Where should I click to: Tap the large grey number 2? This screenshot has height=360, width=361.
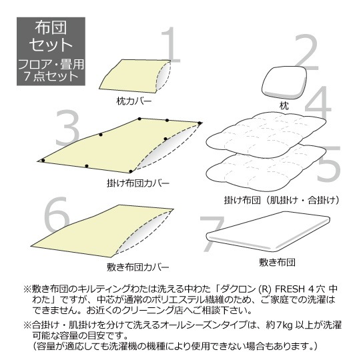click(x=306, y=53)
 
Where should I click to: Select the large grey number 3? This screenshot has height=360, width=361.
click(x=67, y=128)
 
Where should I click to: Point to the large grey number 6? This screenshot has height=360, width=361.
click(x=57, y=214)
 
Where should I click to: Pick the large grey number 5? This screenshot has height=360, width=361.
click(x=328, y=164)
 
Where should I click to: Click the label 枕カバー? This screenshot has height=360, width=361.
click(x=134, y=101)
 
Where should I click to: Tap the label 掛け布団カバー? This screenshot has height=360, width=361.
click(x=138, y=183)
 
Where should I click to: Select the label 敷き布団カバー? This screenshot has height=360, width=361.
click(x=138, y=267)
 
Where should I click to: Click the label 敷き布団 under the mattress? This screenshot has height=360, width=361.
click(x=277, y=262)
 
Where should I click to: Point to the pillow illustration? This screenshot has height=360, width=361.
click(x=284, y=82)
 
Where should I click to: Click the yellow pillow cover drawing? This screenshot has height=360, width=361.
click(x=135, y=76)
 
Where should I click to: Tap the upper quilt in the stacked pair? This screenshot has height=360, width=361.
click(x=266, y=135)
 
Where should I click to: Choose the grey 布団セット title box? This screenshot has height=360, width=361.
click(x=51, y=51)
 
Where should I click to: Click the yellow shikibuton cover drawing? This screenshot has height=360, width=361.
click(x=103, y=231)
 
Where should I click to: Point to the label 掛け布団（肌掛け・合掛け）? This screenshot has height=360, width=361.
click(x=282, y=200)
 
